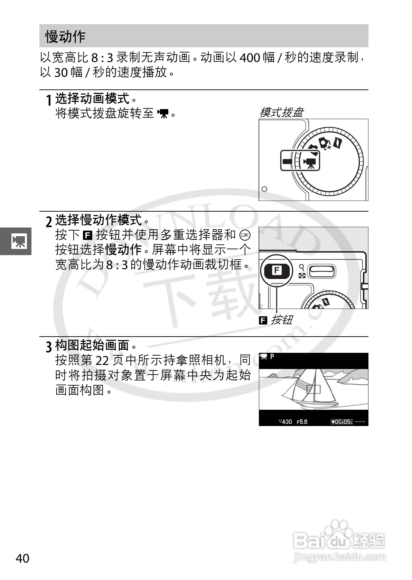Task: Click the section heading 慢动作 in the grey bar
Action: coord(65,36)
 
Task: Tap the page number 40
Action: coord(22,558)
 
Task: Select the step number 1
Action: coord(49,100)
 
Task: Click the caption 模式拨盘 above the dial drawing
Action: coord(281,113)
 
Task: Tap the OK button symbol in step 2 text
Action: coord(245,235)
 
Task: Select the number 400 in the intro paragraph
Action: coord(249,58)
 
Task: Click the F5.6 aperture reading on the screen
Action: coord(302,422)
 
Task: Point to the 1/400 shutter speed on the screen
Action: coord(285,422)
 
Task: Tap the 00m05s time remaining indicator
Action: coord(341,422)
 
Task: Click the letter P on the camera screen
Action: coord(272,357)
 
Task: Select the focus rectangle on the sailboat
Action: coord(313,389)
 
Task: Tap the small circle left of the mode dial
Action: coord(265,189)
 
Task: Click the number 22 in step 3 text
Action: coord(102,360)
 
